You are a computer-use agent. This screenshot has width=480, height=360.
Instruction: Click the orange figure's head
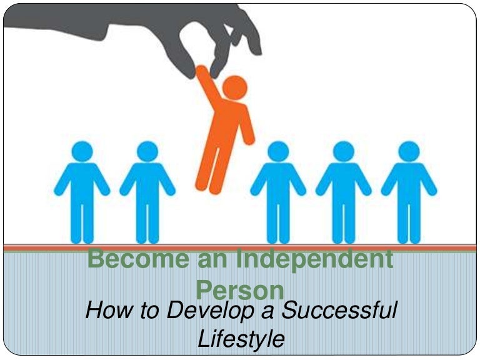tap(235, 87)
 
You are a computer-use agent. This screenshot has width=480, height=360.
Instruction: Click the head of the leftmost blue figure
tap(82, 151)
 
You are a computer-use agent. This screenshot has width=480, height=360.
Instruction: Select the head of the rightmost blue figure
tap(409, 151)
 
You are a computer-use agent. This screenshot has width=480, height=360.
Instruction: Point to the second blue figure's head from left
tap(147, 151)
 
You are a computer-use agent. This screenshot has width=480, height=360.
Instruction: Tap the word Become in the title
tap(138, 259)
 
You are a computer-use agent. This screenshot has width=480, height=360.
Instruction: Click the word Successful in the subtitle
tap(339, 310)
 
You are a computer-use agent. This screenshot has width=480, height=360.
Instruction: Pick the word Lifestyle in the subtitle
tap(241, 339)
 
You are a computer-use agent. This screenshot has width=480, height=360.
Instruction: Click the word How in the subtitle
tap(109, 310)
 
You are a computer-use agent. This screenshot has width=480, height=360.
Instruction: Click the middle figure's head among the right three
tap(344, 151)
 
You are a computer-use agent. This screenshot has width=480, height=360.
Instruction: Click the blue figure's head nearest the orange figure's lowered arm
tap(278, 151)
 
